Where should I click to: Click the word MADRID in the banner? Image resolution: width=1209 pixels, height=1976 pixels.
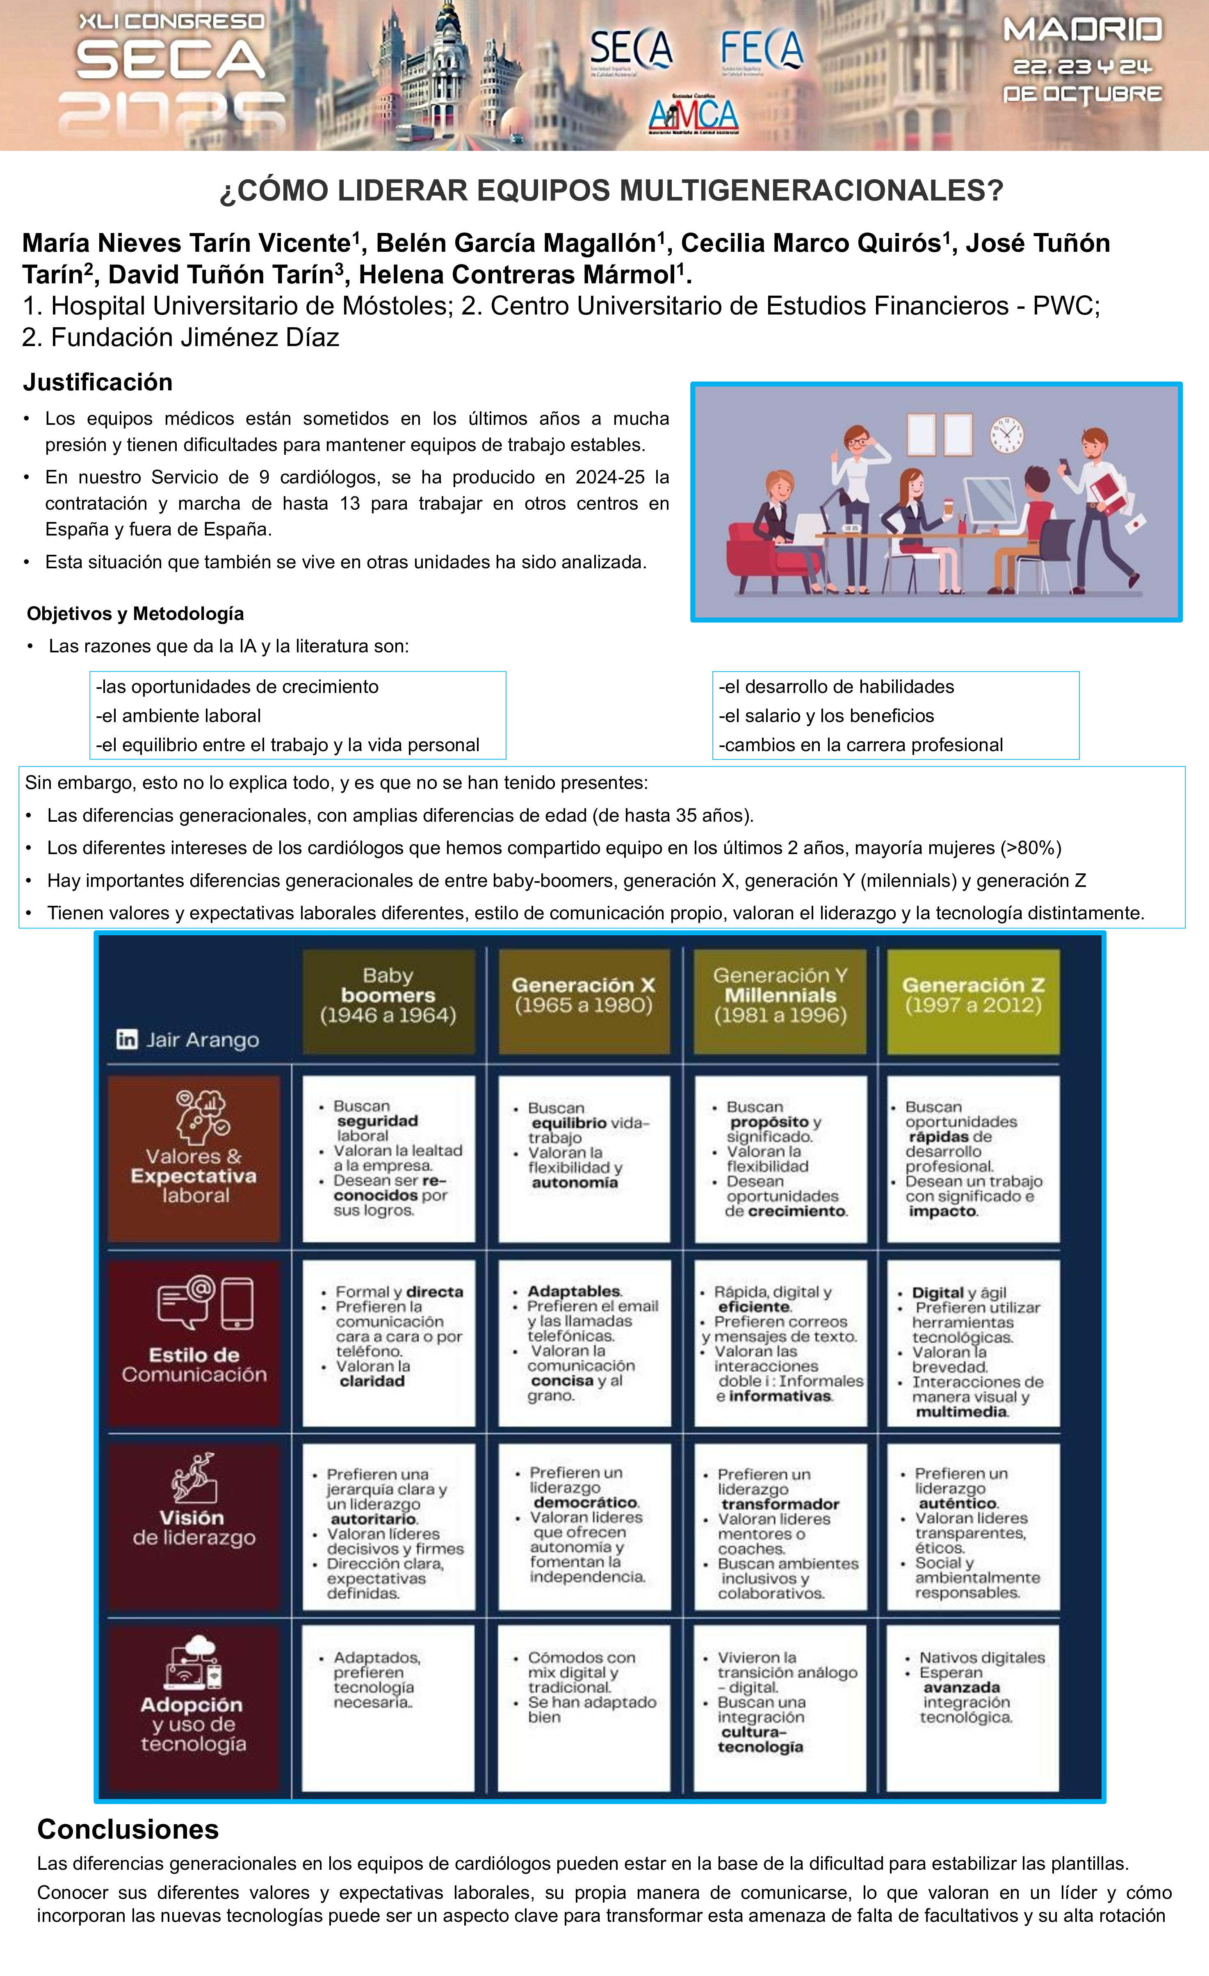[x=1082, y=30]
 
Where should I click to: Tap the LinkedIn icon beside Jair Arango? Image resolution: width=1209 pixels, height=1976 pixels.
[x=127, y=1039]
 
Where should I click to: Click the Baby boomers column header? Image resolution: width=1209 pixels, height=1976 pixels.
[x=388, y=995]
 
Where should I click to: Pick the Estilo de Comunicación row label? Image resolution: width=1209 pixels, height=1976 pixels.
[x=194, y=1364]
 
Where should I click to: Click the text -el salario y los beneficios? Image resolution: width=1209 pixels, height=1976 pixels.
[x=826, y=716]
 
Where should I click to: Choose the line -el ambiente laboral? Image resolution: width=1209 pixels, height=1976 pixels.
[x=178, y=716]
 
